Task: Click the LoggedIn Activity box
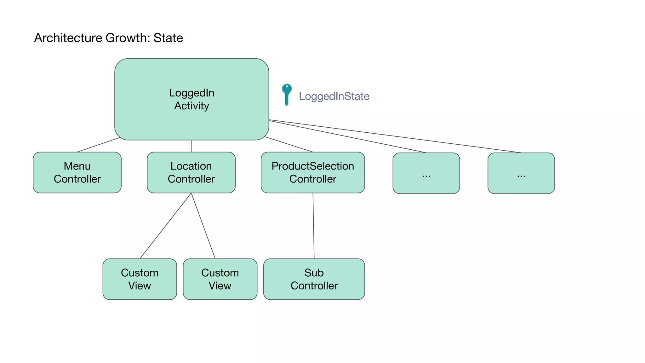tap(191, 99)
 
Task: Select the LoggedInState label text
tap(334, 96)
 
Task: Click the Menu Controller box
tap(77, 172)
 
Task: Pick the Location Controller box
tap(191, 172)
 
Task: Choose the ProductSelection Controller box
tap(313, 172)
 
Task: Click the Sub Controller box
tap(314, 279)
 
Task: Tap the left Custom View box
tap(140, 279)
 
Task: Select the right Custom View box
tap(220, 279)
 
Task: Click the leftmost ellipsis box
tap(426, 173)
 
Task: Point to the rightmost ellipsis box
tap(521, 173)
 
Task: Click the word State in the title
tap(168, 38)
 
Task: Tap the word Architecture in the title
tap(68, 38)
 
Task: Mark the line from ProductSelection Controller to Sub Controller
tap(313, 226)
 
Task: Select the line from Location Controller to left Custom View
tap(166, 226)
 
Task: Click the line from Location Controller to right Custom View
tap(203, 226)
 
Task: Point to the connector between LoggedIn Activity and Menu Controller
tap(98, 145)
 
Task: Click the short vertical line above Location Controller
tap(191, 146)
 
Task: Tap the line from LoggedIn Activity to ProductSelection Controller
tap(288, 144)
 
